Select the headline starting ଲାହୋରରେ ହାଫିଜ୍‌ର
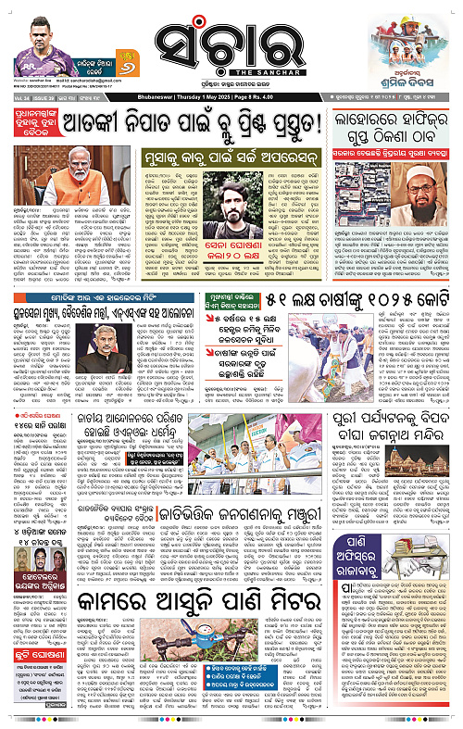[x=387, y=121]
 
